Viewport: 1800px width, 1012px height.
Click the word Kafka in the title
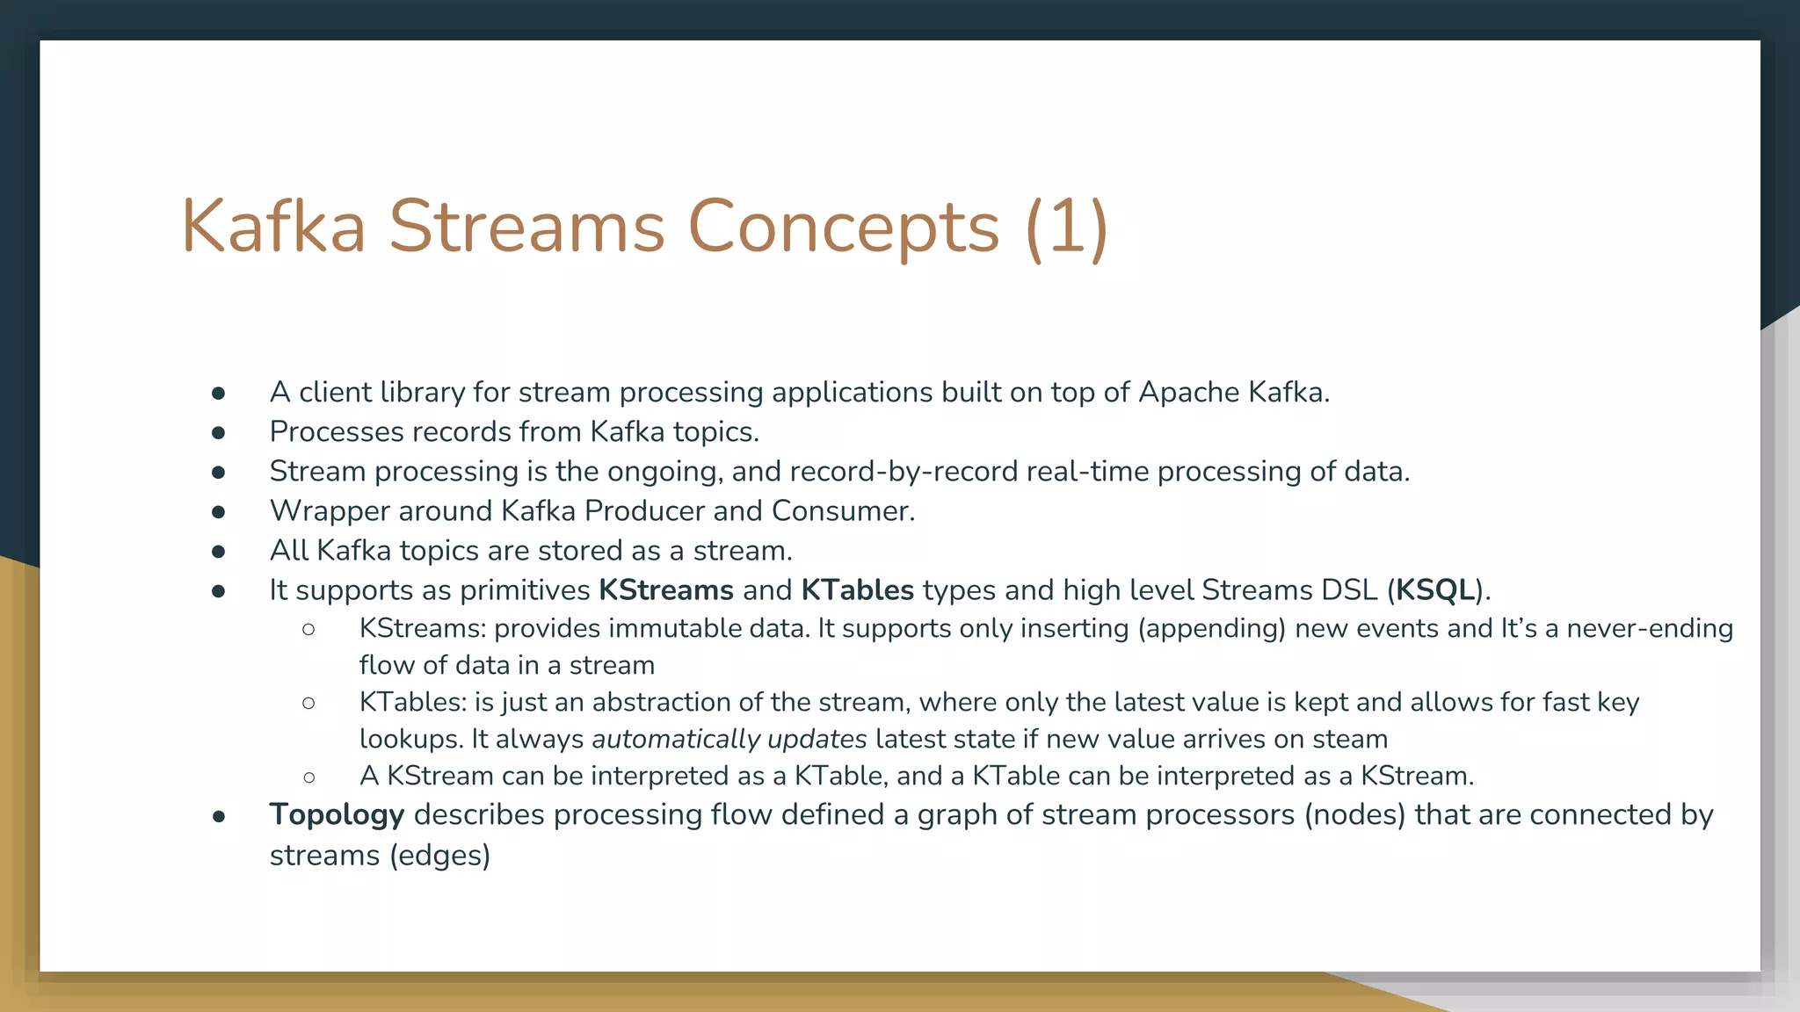tap(273, 227)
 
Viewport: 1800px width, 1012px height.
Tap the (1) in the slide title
tap(1066, 227)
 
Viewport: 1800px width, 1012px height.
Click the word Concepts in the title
tap(843, 227)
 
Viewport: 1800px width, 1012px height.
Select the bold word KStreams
tap(665, 590)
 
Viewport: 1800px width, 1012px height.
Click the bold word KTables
tap(857, 590)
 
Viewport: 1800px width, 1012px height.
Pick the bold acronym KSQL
tap(1435, 590)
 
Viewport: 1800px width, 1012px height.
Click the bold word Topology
tap(337, 815)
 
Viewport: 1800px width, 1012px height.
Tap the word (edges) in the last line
tap(439, 856)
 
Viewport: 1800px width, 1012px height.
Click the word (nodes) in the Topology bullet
tap(1354, 815)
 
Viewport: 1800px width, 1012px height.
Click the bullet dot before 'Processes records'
tap(219, 432)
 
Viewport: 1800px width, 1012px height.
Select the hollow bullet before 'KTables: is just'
tap(308, 703)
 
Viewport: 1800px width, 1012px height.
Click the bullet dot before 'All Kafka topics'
tap(219, 552)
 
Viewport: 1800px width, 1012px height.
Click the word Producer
tap(645, 511)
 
